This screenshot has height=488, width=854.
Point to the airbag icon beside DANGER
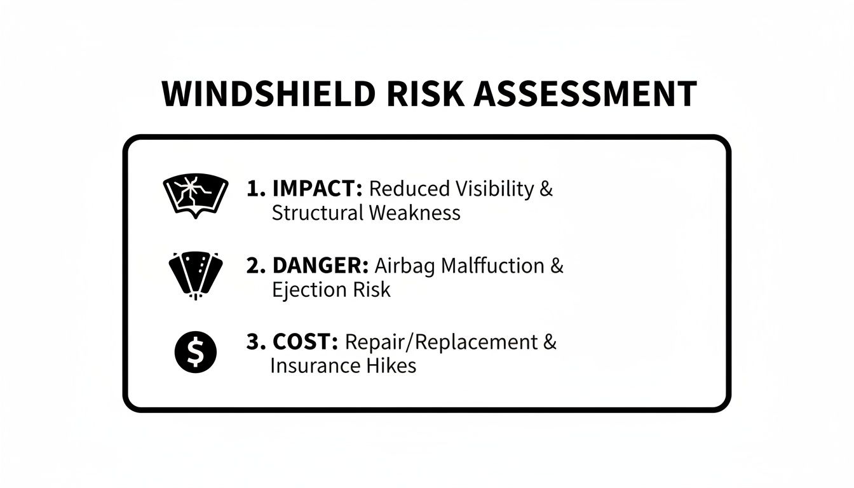195,274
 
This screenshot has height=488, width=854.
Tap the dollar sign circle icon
195,353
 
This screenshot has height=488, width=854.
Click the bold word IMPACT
316,189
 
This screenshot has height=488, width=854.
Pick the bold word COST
304,342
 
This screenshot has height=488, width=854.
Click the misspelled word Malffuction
492,266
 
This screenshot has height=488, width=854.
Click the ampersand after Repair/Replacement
550,342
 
